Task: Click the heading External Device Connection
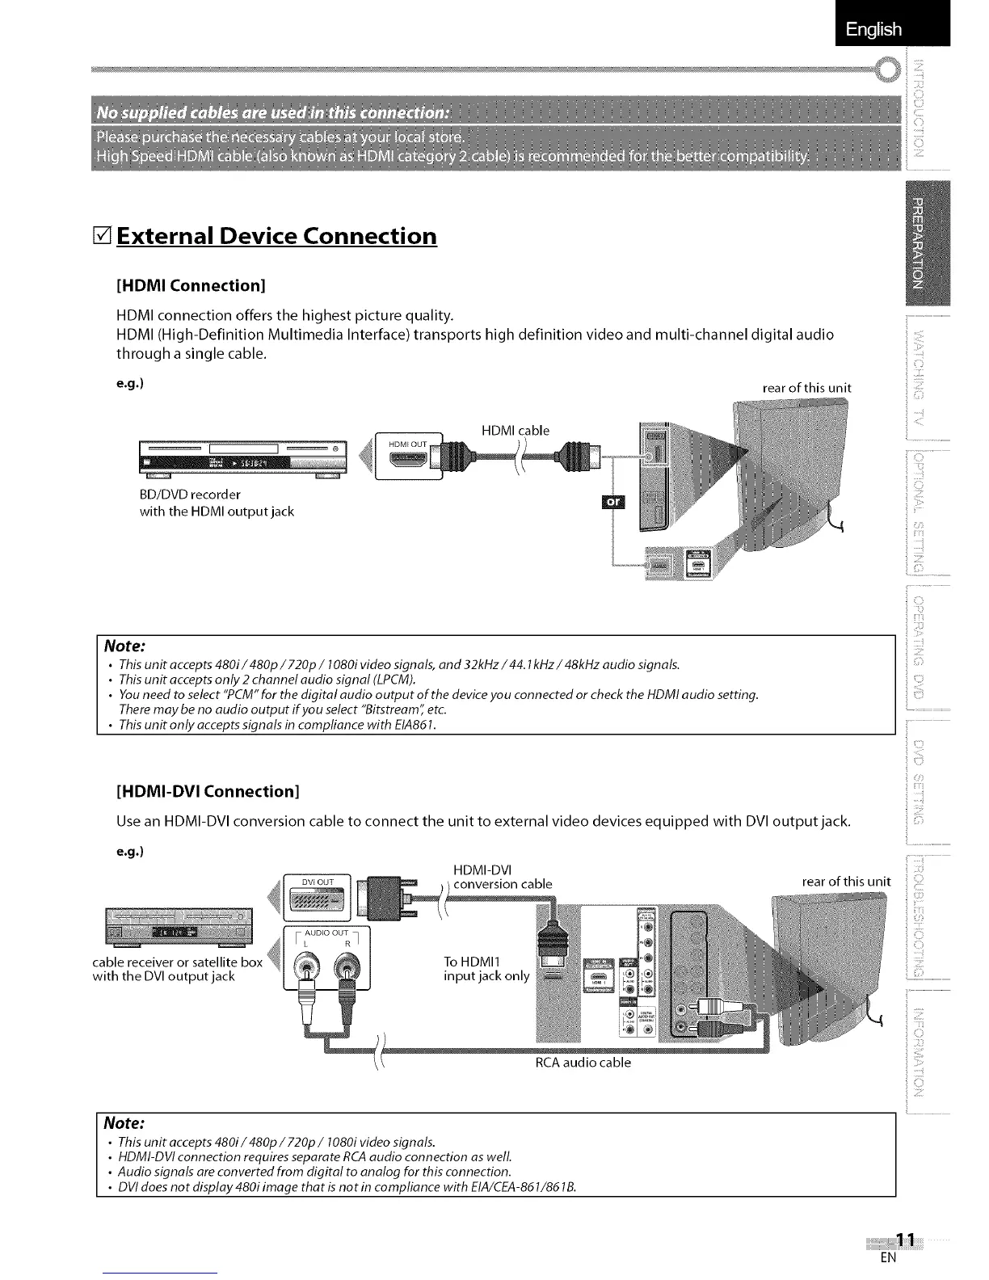276,236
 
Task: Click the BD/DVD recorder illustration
242,461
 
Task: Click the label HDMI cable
515,431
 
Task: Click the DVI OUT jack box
314,894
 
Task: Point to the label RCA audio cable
583,1063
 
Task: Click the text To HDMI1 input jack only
486,969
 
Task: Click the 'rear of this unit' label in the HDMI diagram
806,388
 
